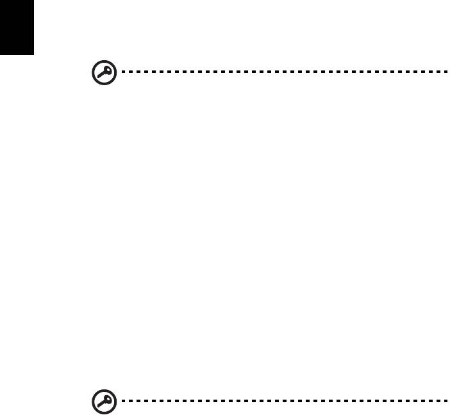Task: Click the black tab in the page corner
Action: [16, 27]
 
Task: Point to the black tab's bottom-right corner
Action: [32, 54]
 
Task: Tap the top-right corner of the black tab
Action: [32, 0]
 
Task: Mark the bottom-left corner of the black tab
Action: [0, 54]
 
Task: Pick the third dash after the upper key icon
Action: [132, 72]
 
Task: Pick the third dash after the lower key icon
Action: [132, 402]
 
